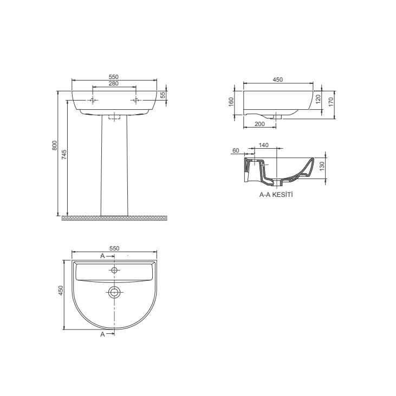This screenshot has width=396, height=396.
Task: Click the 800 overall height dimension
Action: click(54, 146)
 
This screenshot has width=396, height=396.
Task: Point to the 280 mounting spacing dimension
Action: click(114, 83)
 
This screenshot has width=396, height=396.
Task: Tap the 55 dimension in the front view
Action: click(163, 95)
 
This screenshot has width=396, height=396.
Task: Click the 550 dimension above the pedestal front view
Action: click(114, 77)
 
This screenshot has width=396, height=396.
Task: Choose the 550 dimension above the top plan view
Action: click(114, 248)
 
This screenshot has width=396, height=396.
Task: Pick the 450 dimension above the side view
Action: click(277, 80)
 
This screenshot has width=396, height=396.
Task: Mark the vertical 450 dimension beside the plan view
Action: click(61, 291)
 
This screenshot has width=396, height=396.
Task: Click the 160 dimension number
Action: click(231, 101)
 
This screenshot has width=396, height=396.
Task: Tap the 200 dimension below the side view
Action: click(259, 124)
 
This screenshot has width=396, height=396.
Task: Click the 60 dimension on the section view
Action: click(236, 150)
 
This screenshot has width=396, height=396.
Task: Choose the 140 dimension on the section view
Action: click(264, 145)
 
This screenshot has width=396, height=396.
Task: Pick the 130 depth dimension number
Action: click(322, 166)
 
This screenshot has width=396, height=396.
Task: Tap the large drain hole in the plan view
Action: click(114, 292)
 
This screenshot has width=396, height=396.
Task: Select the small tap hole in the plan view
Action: click(114, 270)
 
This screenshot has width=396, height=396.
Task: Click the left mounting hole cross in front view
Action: click(93, 101)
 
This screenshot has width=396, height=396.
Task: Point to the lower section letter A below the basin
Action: click(103, 334)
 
